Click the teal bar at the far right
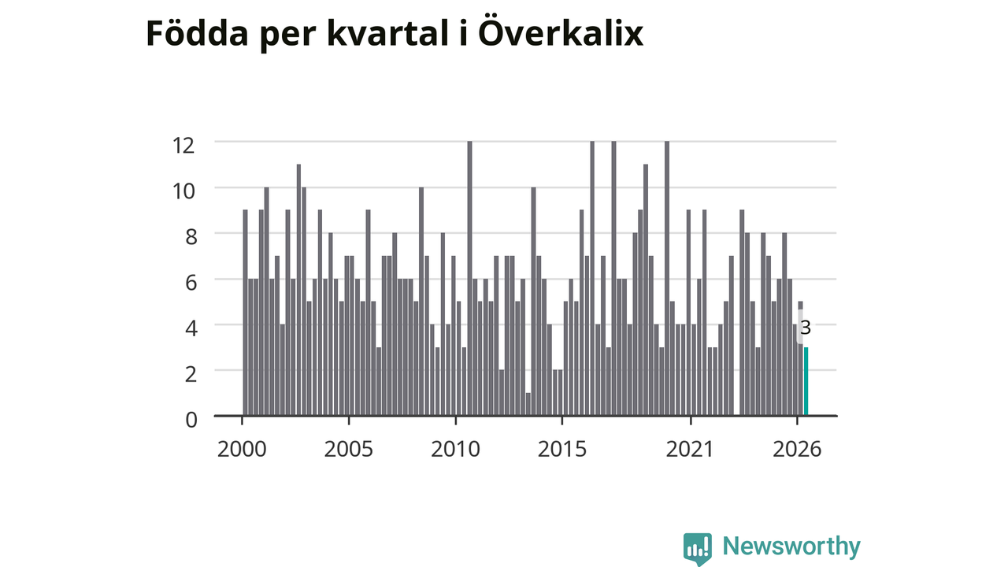click(x=806, y=381)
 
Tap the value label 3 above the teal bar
click(x=806, y=328)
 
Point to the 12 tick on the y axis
click(x=183, y=146)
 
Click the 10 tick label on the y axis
click(x=183, y=191)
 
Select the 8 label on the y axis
click(x=191, y=237)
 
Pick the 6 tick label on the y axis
click(x=191, y=283)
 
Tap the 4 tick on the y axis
click(x=191, y=328)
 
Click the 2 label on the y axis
click(x=191, y=374)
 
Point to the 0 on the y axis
click(x=191, y=420)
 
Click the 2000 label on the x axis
click(x=242, y=449)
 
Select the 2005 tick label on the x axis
click(x=349, y=449)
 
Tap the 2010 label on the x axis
click(x=455, y=449)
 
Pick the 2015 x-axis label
click(x=562, y=449)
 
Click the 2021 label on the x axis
click(x=690, y=449)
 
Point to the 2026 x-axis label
click(x=797, y=449)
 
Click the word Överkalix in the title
click(x=561, y=33)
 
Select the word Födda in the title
click(x=197, y=33)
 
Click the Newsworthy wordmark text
click(x=791, y=547)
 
